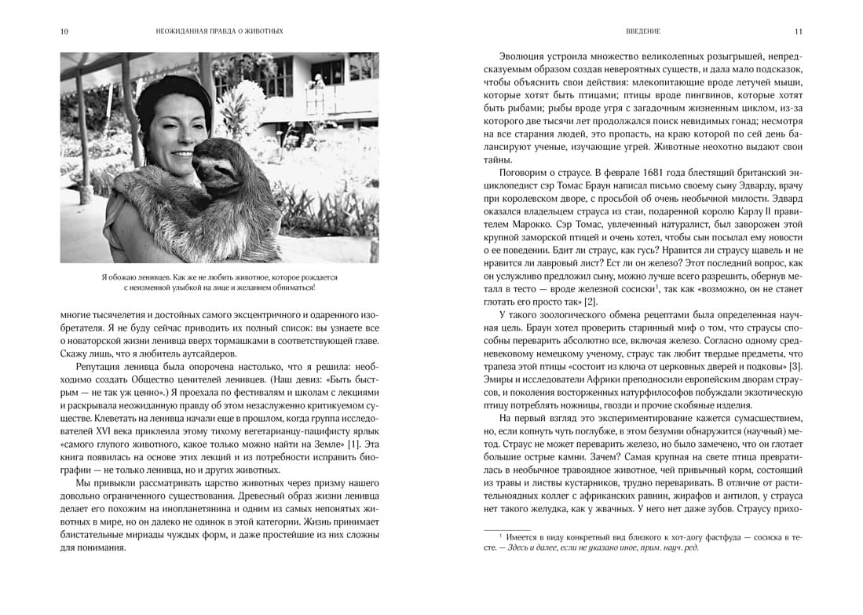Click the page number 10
(x=64, y=31)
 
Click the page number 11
(x=797, y=31)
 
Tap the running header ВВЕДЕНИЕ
(x=642, y=31)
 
